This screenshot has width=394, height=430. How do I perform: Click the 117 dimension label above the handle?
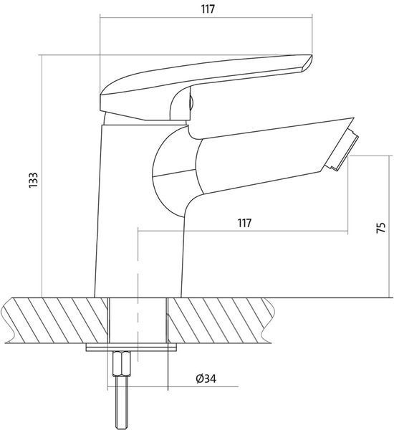click(x=208, y=9)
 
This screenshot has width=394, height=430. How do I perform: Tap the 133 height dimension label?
click(x=33, y=180)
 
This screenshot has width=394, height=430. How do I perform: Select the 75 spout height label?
click(x=380, y=228)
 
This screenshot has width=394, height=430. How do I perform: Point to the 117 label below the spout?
click(x=244, y=223)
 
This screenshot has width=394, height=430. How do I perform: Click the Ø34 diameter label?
click(x=206, y=378)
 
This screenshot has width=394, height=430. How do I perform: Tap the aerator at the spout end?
click(x=342, y=150)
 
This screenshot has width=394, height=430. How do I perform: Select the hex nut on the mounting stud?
click(x=122, y=363)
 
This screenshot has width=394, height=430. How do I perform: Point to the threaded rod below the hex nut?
click(x=122, y=402)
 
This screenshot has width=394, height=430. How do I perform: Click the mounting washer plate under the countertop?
click(x=131, y=347)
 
